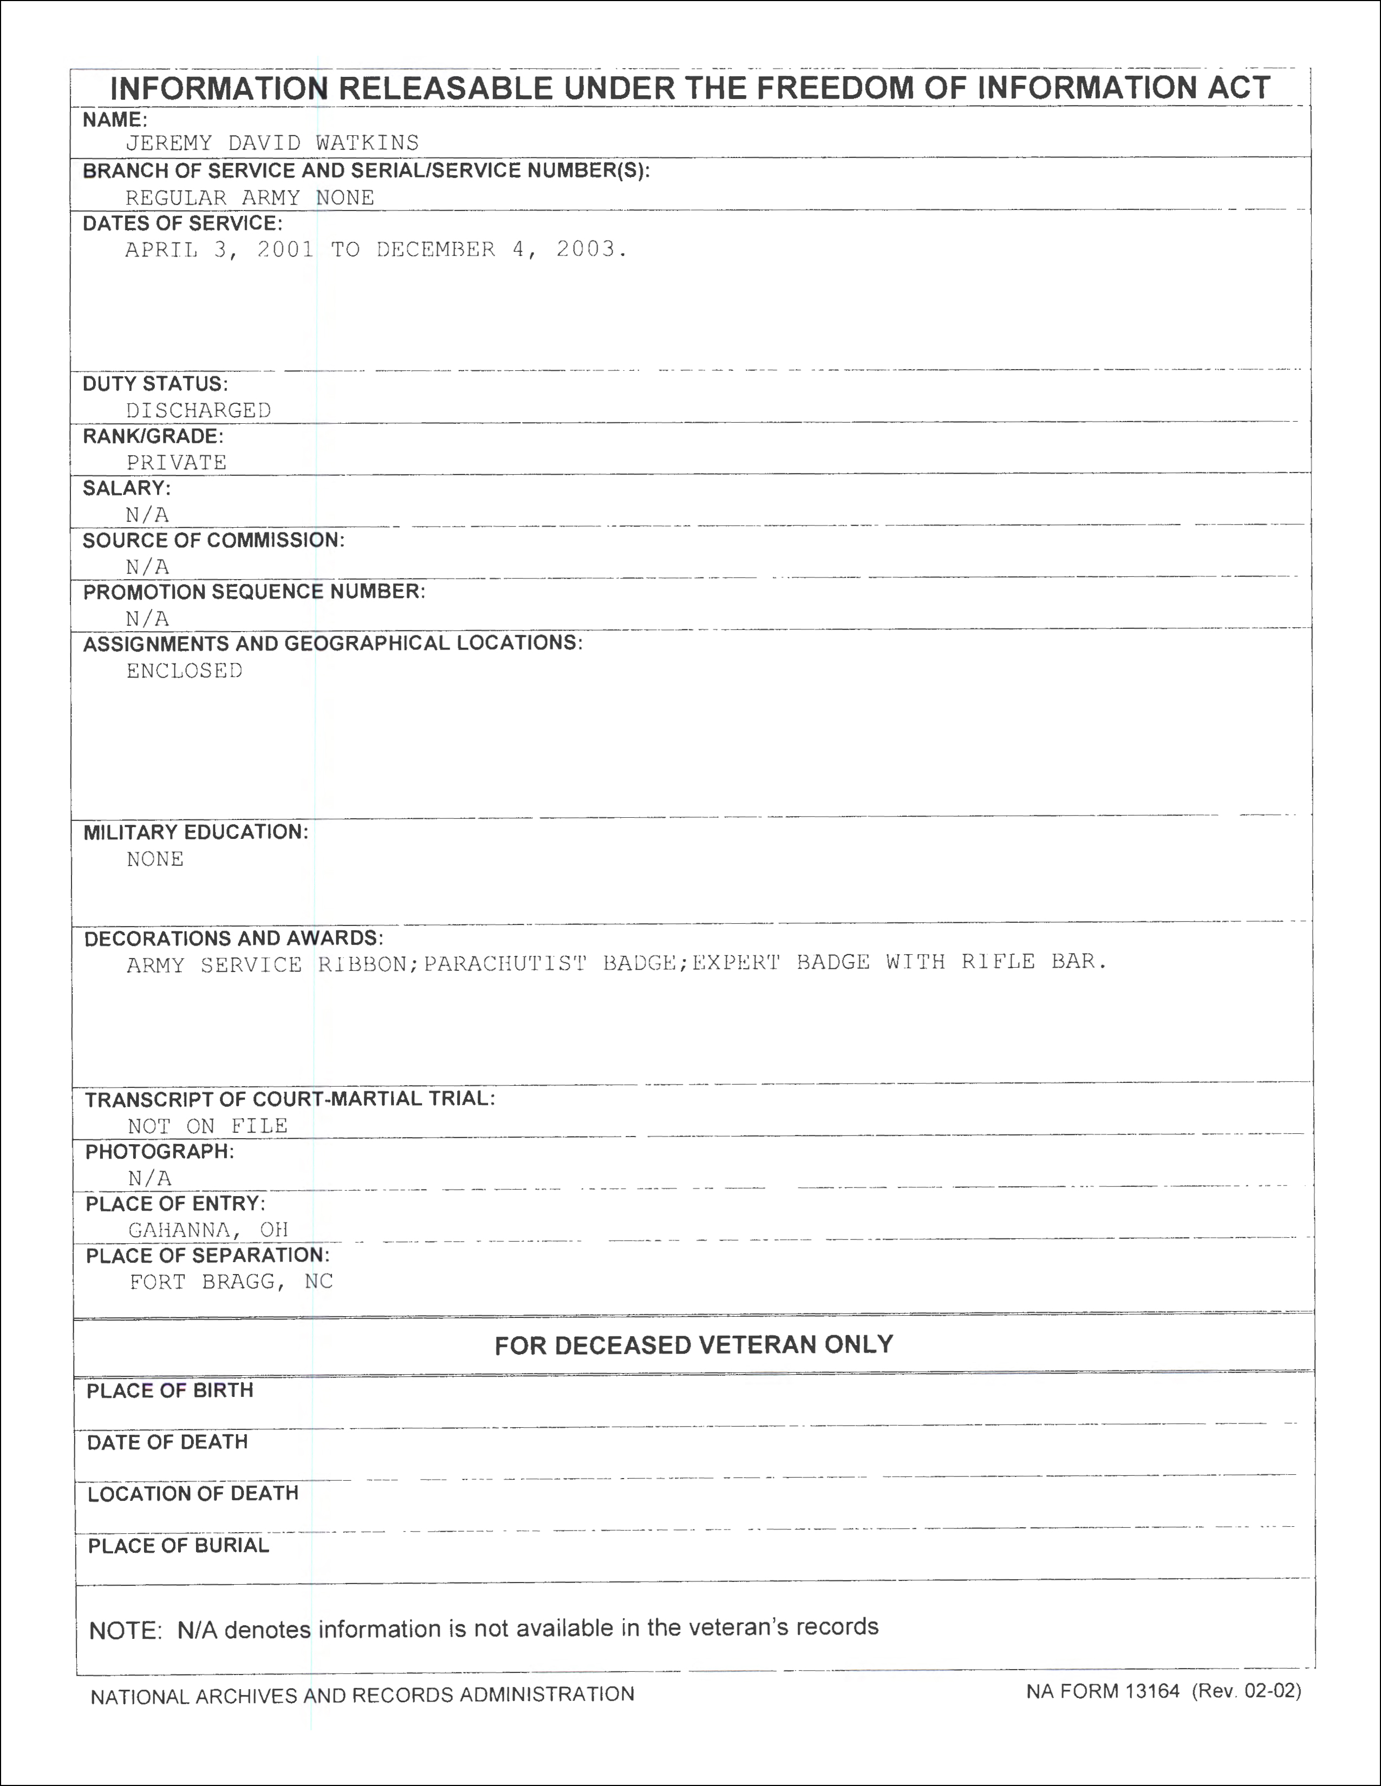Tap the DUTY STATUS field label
(155, 384)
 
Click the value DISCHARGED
(198, 411)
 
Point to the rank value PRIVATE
(177, 462)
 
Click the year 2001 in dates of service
(285, 249)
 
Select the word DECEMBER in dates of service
(436, 249)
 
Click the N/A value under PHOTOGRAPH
(149, 1178)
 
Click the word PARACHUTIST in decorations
(505, 963)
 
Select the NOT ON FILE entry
(208, 1126)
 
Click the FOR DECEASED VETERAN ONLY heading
(694, 1345)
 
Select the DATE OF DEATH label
(168, 1442)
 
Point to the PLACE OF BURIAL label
(178, 1546)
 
